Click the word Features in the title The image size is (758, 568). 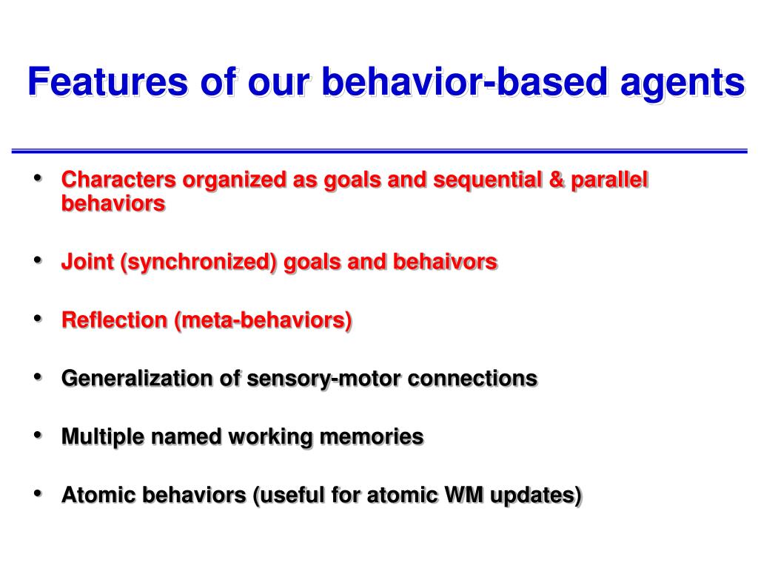click(x=108, y=81)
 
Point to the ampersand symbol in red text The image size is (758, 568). click(x=557, y=180)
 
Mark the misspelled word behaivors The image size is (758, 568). click(x=445, y=262)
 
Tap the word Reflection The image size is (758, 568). click(x=115, y=320)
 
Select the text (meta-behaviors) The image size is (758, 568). click(x=263, y=322)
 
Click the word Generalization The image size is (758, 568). click(x=137, y=378)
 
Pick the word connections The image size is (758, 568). click(x=473, y=379)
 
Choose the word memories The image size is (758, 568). click(x=372, y=437)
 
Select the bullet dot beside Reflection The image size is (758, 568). click(x=38, y=318)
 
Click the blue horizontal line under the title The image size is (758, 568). click(x=380, y=152)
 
